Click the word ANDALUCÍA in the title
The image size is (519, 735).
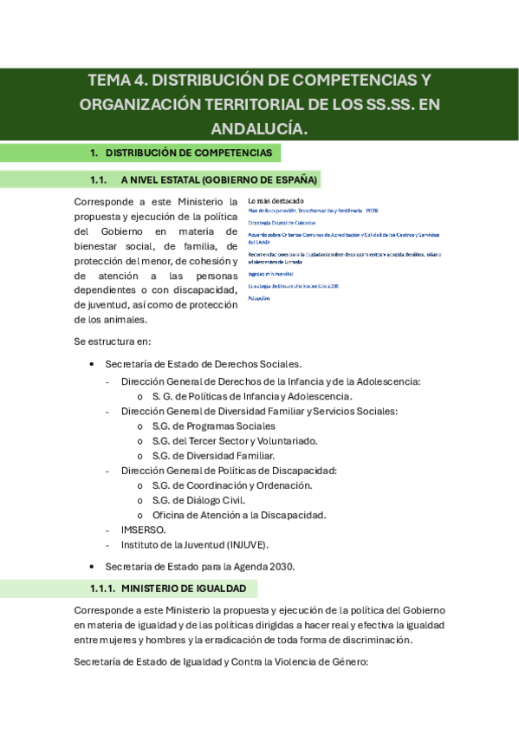pos(259,128)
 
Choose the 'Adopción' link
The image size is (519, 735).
pos(258,297)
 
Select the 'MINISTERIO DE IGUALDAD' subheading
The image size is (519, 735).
pos(184,589)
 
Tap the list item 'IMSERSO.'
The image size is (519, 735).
pos(143,529)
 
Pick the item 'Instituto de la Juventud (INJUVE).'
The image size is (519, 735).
pos(195,544)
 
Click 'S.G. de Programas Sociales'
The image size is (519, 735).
pos(213,426)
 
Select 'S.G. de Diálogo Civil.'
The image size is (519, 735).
pos(198,499)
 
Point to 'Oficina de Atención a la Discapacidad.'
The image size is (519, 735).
pos(238,514)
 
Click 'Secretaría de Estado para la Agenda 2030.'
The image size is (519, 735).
pos(200,566)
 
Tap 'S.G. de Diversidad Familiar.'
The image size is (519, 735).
pos(213,455)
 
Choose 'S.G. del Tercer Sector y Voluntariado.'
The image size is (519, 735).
pos(234,440)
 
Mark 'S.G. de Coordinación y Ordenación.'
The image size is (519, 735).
pos(231,485)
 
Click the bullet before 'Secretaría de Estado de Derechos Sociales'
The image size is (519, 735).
pos(93,364)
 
